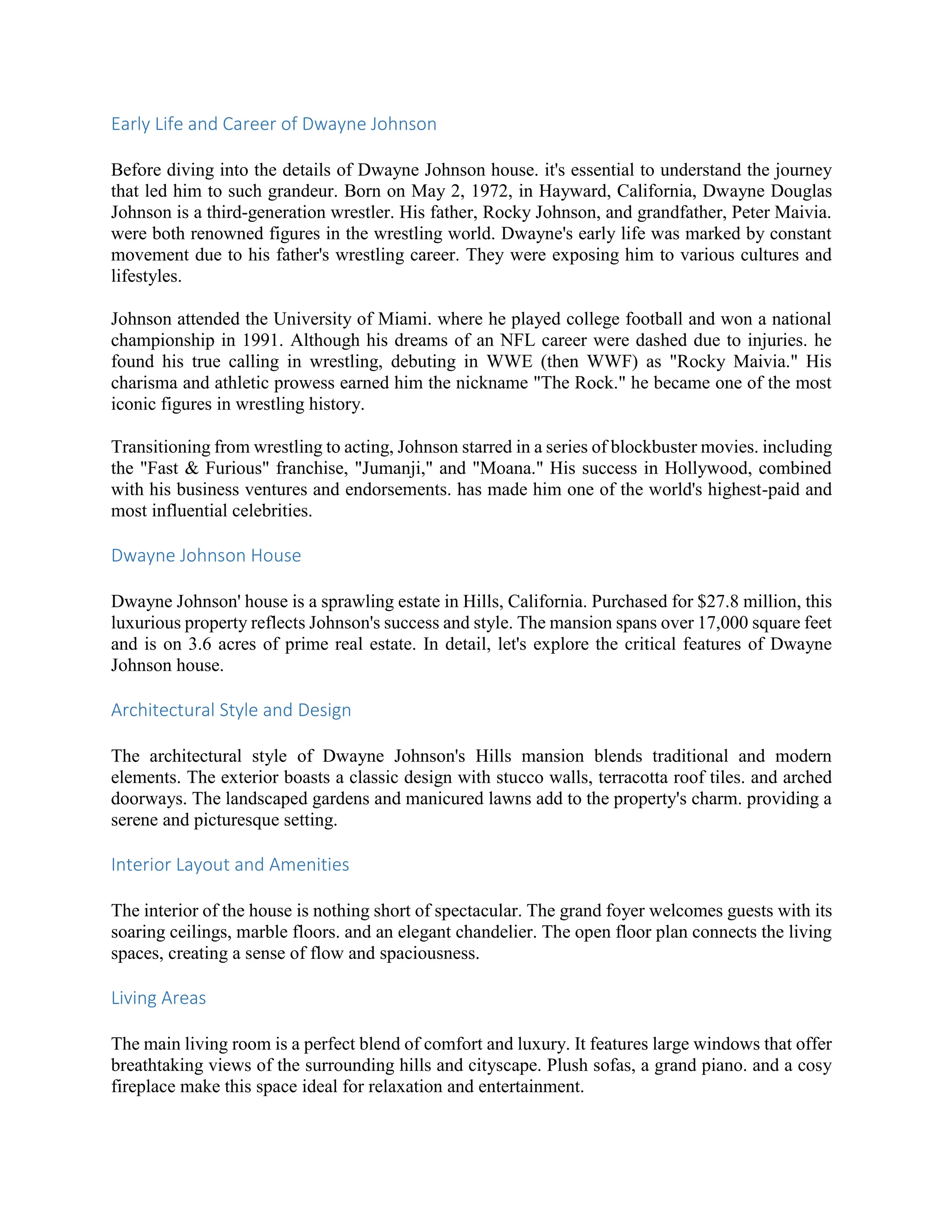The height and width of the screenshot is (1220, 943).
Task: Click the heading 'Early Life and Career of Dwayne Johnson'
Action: pyautogui.click(x=274, y=124)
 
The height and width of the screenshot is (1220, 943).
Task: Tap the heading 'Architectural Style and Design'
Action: pyautogui.click(x=231, y=710)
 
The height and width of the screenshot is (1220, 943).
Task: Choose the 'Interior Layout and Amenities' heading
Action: pyautogui.click(x=230, y=865)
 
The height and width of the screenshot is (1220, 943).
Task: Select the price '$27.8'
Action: pyautogui.click(x=716, y=602)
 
